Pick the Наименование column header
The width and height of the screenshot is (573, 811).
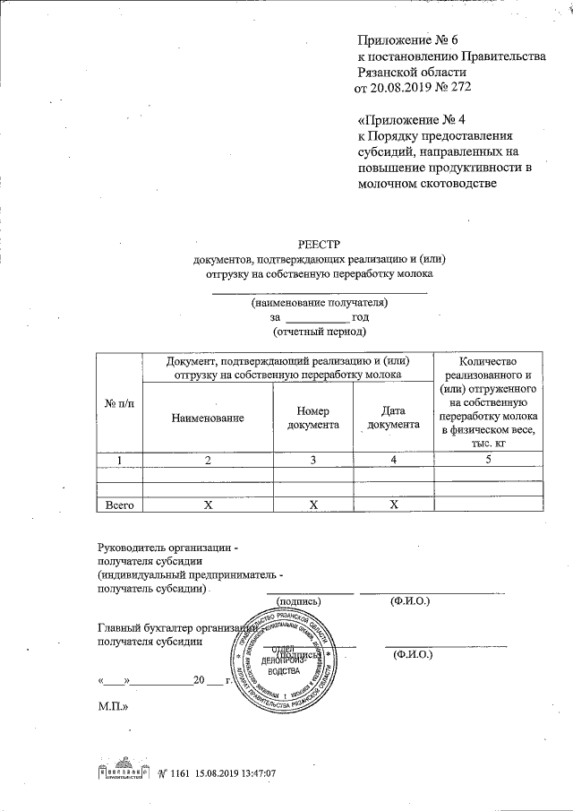click(x=209, y=418)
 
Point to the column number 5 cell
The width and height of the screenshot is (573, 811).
click(x=488, y=460)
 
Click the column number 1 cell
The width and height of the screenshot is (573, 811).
click(x=118, y=460)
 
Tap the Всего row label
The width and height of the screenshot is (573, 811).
click(x=118, y=505)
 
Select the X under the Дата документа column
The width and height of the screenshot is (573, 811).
click(x=393, y=505)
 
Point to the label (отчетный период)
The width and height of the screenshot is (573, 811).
click(x=319, y=331)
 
